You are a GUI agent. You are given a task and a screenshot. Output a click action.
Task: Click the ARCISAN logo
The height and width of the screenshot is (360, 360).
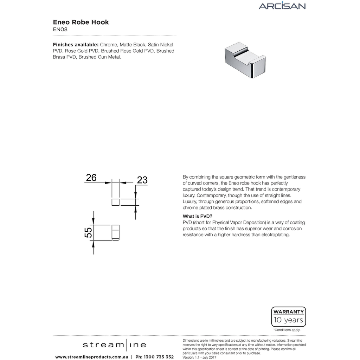282,6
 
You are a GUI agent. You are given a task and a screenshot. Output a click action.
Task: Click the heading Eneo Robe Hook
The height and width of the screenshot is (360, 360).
81,22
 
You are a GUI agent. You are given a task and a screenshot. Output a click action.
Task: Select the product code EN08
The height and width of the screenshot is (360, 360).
60,30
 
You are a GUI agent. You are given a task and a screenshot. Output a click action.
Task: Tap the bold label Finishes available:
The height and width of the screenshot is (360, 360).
76,45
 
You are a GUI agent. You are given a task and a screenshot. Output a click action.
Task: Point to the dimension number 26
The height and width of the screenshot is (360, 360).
91,178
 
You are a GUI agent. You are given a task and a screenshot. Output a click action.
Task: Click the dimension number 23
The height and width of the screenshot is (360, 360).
142,180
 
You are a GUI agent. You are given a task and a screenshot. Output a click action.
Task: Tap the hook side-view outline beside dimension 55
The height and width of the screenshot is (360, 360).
115,232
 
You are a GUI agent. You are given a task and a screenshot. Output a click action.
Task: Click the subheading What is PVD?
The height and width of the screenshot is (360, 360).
197,216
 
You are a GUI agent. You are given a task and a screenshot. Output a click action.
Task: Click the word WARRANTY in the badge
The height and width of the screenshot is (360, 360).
288,311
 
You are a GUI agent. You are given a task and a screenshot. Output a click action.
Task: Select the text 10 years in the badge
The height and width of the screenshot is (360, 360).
288,320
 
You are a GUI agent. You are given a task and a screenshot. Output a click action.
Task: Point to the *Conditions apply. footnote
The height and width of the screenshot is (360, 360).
287,330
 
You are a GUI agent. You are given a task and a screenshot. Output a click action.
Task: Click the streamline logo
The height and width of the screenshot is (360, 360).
114,345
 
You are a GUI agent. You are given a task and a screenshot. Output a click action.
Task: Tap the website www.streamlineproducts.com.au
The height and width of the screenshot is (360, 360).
91,357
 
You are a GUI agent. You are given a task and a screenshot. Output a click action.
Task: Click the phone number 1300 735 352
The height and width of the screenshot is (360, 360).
159,357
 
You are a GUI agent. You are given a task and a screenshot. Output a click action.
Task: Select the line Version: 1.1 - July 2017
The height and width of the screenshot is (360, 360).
199,358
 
